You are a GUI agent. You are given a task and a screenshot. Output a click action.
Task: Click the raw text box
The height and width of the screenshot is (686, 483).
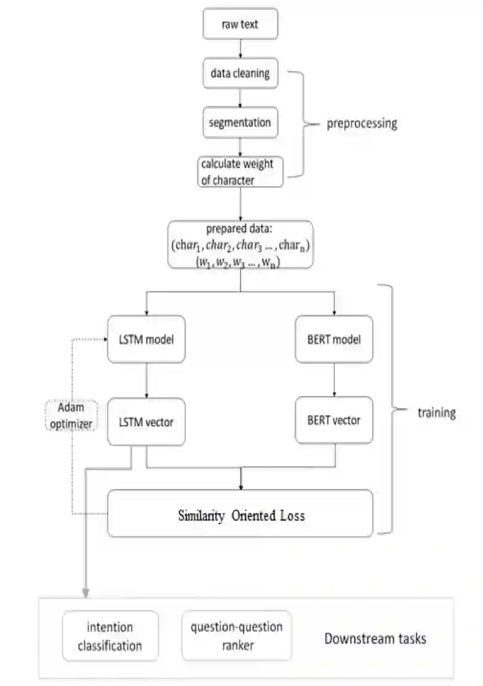(x=241, y=24)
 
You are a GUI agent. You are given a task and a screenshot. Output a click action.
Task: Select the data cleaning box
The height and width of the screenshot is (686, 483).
(x=240, y=73)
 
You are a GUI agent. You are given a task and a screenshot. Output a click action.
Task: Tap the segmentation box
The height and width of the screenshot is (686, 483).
(x=240, y=123)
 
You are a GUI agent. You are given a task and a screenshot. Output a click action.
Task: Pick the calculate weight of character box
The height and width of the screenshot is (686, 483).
(x=240, y=172)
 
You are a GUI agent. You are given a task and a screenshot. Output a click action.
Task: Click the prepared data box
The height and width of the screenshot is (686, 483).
(x=240, y=244)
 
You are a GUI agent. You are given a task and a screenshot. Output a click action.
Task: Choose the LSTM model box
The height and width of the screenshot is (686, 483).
(x=146, y=339)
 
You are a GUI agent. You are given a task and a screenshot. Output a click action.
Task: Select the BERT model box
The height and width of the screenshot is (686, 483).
(x=334, y=339)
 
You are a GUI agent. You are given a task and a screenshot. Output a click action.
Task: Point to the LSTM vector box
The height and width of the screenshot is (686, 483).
(x=146, y=421)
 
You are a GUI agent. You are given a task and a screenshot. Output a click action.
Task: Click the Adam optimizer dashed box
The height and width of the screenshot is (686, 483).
(x=72, y=415)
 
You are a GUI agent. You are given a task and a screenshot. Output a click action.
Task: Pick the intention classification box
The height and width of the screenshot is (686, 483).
(x=110, y=636)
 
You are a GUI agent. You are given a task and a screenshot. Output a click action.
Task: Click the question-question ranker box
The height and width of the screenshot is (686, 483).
(x=236, y=635)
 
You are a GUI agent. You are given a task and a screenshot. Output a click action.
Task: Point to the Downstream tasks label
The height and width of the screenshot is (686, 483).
(x=375, y=639)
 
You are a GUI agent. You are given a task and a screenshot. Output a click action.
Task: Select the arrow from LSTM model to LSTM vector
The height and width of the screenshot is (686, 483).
(x=146, y=380)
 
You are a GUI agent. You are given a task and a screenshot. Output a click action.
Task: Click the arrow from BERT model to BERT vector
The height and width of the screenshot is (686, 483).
(x=334, y=379)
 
